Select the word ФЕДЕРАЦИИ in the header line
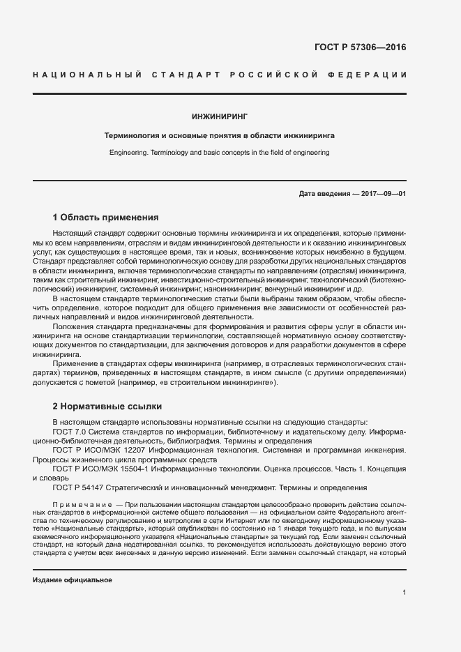click(369, 75)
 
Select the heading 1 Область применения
click(106, 217)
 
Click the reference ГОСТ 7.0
click(68, 432)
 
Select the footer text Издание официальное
click(73, 580)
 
